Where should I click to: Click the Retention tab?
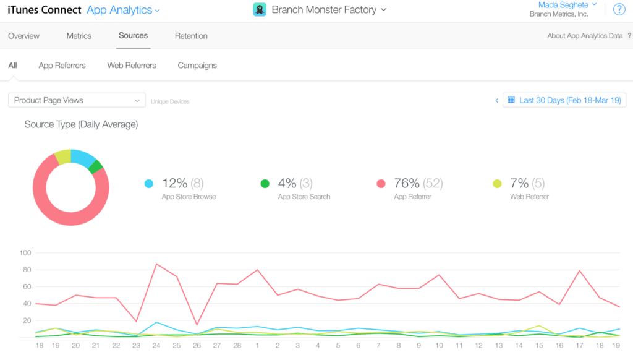point(191,36)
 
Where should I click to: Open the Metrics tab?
point(79,36)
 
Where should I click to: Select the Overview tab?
point(23,36)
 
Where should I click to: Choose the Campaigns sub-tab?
point(197,65)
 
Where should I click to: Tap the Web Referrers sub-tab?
point(132,65)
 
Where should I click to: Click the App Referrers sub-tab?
point(62,65)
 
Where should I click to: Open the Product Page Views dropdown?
point(77,100)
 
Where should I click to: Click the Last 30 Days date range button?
point(564,100)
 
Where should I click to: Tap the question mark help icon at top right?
point(619,9)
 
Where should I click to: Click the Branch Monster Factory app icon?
point(260,9)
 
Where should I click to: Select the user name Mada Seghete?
point(563,5)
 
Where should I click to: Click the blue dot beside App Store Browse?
point(148,184)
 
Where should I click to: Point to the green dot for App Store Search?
point(265,184)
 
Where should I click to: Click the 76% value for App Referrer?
point(406,183)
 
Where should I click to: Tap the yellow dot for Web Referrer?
point(497,184)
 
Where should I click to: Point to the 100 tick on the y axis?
point(25,253)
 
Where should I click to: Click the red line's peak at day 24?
point(156,264)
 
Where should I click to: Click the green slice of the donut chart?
point(96,166)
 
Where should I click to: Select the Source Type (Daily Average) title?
point(81,124)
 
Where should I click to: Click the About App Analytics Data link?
point(585,36)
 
